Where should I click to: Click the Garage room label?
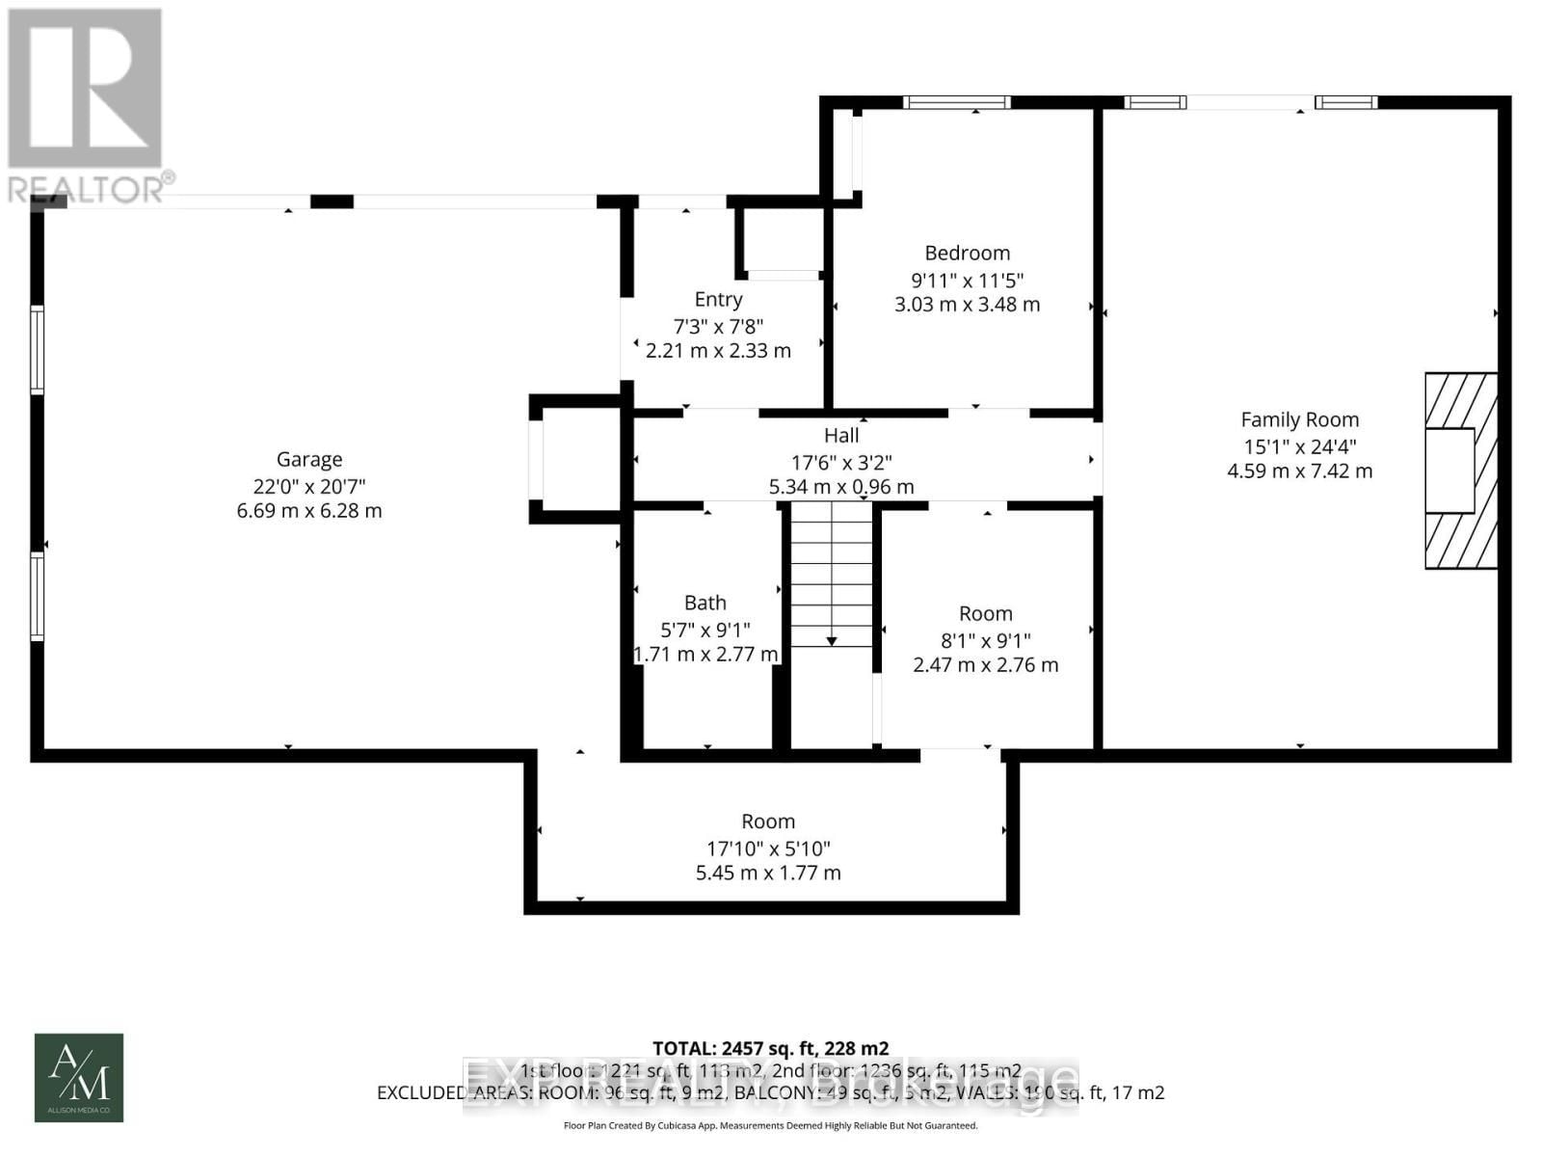click(309, 460)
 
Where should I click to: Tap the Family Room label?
click(1299, 419)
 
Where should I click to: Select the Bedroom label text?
click(967, 253)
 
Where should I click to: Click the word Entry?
click(718, 299)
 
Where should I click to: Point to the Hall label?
click(841, 435)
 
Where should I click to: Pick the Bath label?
click(705, 603)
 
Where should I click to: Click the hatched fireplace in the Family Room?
click(1461, 471)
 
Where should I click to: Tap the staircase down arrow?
click(831, 639)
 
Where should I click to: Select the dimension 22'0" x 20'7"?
click(309, 486)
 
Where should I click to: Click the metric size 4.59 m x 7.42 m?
click(1299, 471)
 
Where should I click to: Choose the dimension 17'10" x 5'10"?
click(768, 848)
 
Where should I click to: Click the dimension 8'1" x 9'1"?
click(985, 640)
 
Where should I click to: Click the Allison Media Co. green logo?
click(79, 1077)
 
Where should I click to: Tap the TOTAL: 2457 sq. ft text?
click(770, 1048)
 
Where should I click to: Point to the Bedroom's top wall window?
click(956, 102)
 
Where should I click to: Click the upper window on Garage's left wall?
click(37, 349)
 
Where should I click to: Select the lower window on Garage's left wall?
click(37, 596)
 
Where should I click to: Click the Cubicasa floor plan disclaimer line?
click(770, 1125)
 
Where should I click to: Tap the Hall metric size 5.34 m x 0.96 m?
click(841, 487)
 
